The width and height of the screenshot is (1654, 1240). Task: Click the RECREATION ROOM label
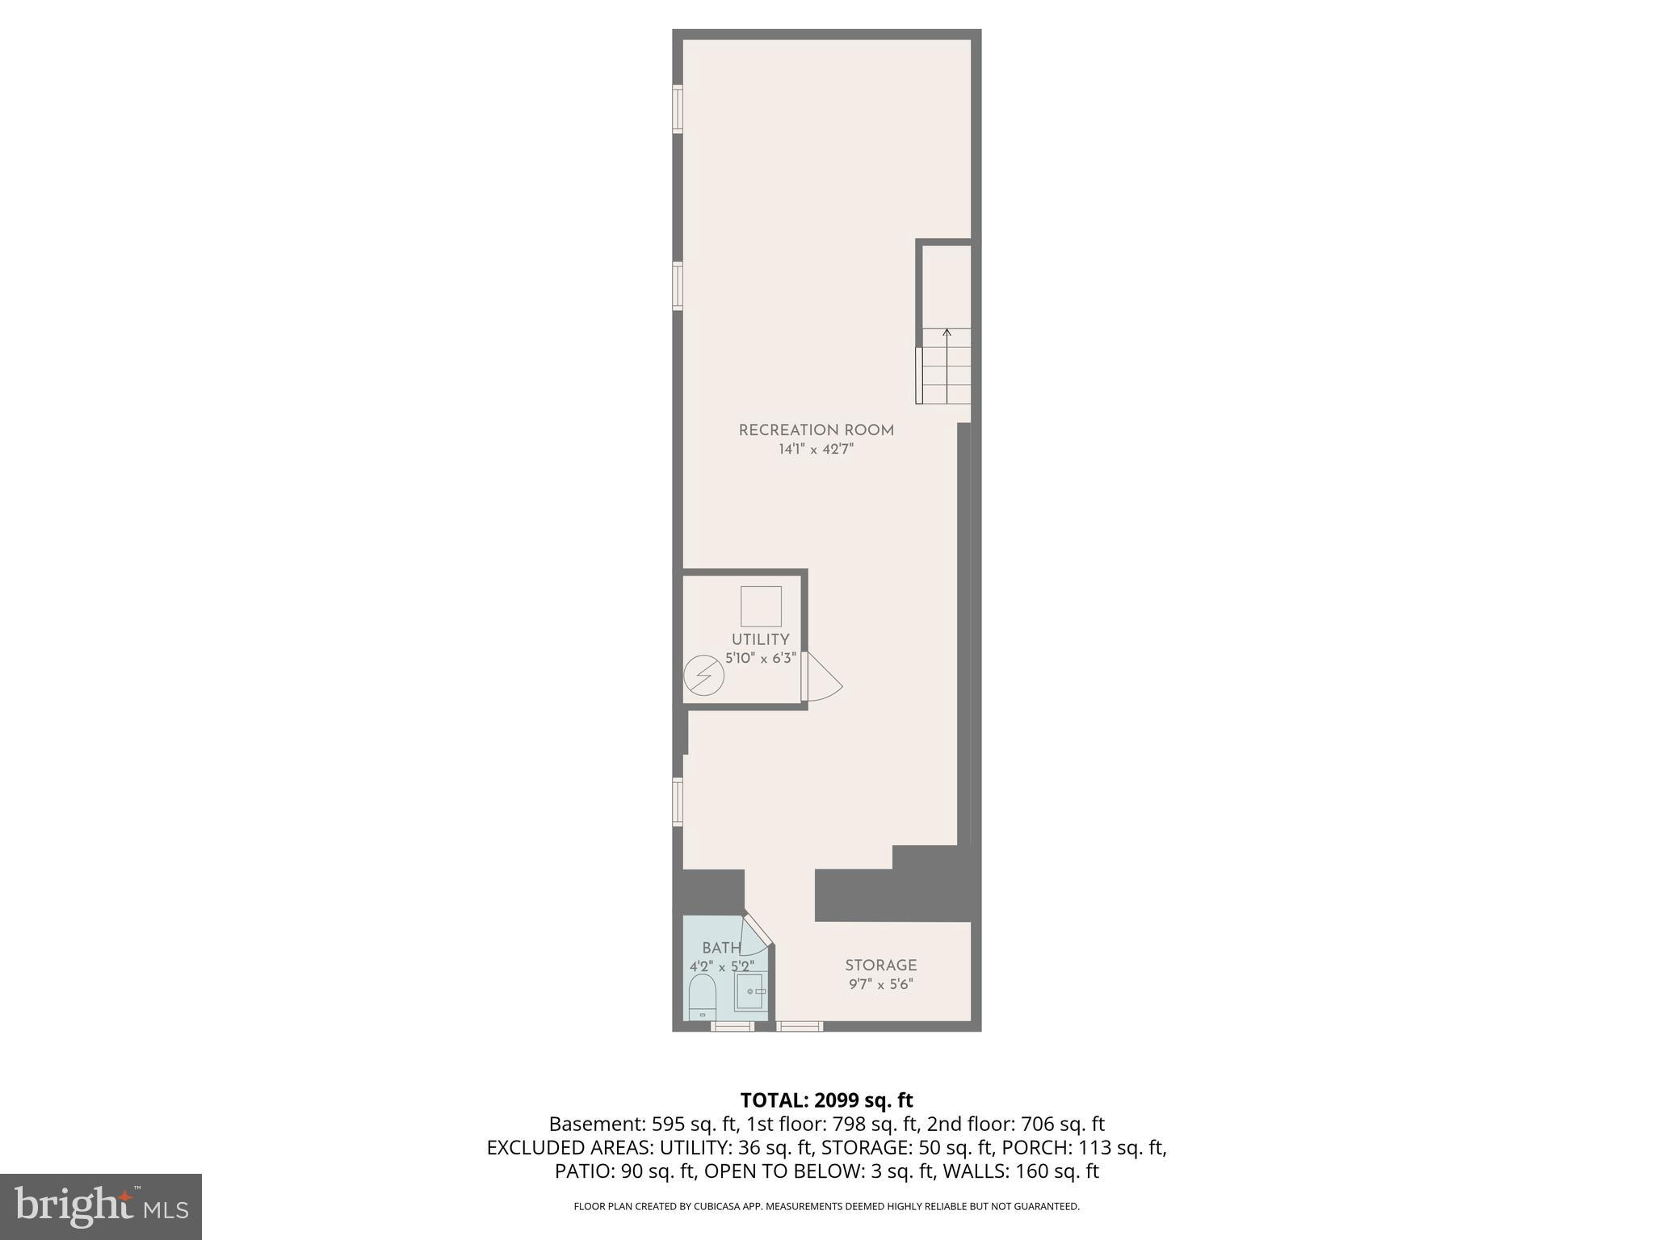816,430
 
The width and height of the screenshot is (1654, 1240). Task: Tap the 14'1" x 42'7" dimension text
816,450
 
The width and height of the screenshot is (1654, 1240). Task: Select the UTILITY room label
760,639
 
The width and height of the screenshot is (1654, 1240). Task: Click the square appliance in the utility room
761,606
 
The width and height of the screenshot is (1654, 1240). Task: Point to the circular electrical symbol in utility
703,676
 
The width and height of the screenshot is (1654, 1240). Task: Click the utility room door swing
822,677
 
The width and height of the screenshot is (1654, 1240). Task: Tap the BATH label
721,948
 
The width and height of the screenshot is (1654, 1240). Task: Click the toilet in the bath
703,996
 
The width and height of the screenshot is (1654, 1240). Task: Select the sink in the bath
751,991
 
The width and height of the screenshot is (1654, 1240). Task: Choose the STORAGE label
880,966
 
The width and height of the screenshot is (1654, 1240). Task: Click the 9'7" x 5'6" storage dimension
880,985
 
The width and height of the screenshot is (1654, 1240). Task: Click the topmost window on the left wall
678,109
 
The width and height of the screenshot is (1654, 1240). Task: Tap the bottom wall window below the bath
733,1026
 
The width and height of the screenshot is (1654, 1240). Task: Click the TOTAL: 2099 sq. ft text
826,1100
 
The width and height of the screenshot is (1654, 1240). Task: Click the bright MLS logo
101,1206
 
